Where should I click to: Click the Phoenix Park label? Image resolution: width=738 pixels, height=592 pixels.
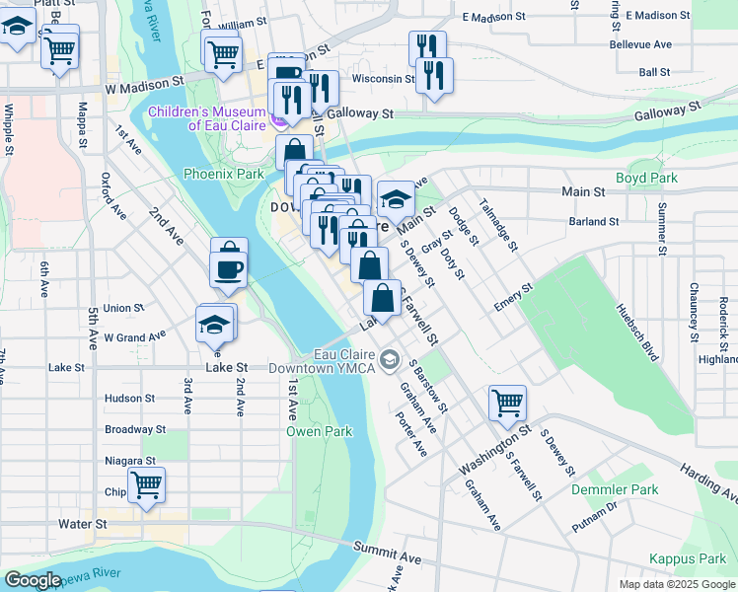click(223, 174)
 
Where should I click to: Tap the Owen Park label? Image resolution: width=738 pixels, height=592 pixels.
click(319, 432)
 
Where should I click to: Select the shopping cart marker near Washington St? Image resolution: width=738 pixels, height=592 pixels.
click(507, 402)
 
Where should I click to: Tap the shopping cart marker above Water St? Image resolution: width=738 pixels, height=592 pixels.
click(146, 484)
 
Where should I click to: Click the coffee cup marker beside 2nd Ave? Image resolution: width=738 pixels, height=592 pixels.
click(229, 267)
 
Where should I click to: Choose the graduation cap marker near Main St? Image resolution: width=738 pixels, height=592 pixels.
click(395, 199)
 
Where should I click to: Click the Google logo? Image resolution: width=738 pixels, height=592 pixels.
click(32, 580)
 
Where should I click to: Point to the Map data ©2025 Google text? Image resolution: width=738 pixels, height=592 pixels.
click(677, 584)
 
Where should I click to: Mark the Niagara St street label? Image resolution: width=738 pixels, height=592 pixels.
click(130, 461)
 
